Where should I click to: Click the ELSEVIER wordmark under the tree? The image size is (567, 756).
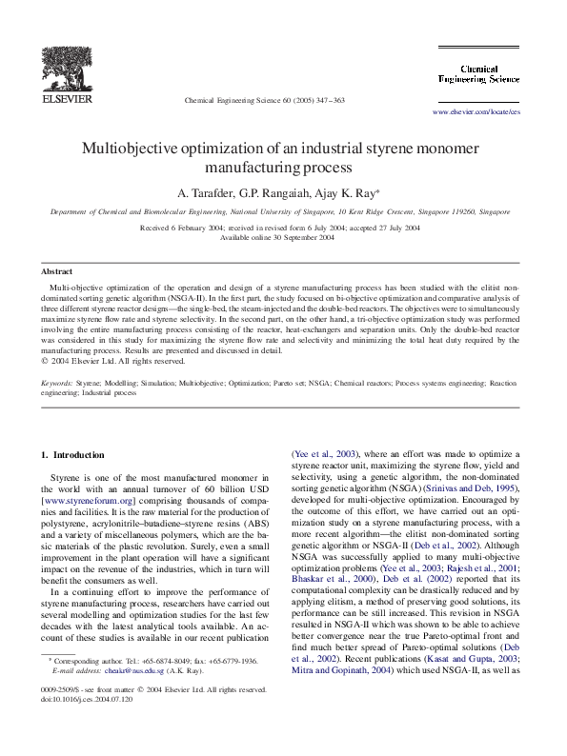point(66,97)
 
